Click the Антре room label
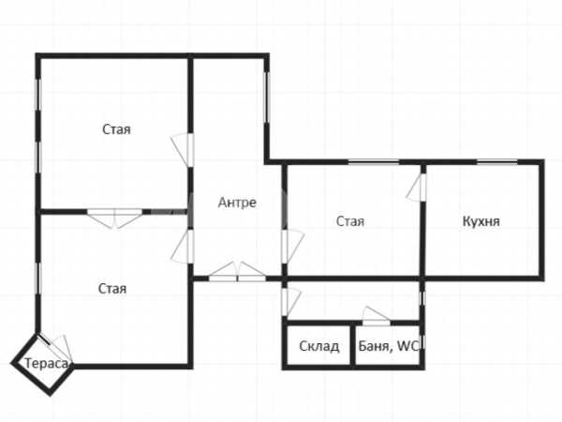point(237,203)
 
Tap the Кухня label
point(481,221)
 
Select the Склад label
point(319,346)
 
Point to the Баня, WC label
point(389,346)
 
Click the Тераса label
point(46,364)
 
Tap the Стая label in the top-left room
point(116,129)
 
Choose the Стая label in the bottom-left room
point(112,289)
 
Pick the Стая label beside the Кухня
point(350,221)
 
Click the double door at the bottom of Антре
point(237,272)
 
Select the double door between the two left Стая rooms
point(114,219)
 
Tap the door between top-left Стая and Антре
point(183,150)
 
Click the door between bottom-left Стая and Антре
point(183,246)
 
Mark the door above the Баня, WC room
point(377,316)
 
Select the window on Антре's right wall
point(267,98)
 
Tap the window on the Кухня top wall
point(497,162)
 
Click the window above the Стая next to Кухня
point(374,162)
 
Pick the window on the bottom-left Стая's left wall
point(38,279)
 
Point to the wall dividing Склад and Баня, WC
point(353,345)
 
